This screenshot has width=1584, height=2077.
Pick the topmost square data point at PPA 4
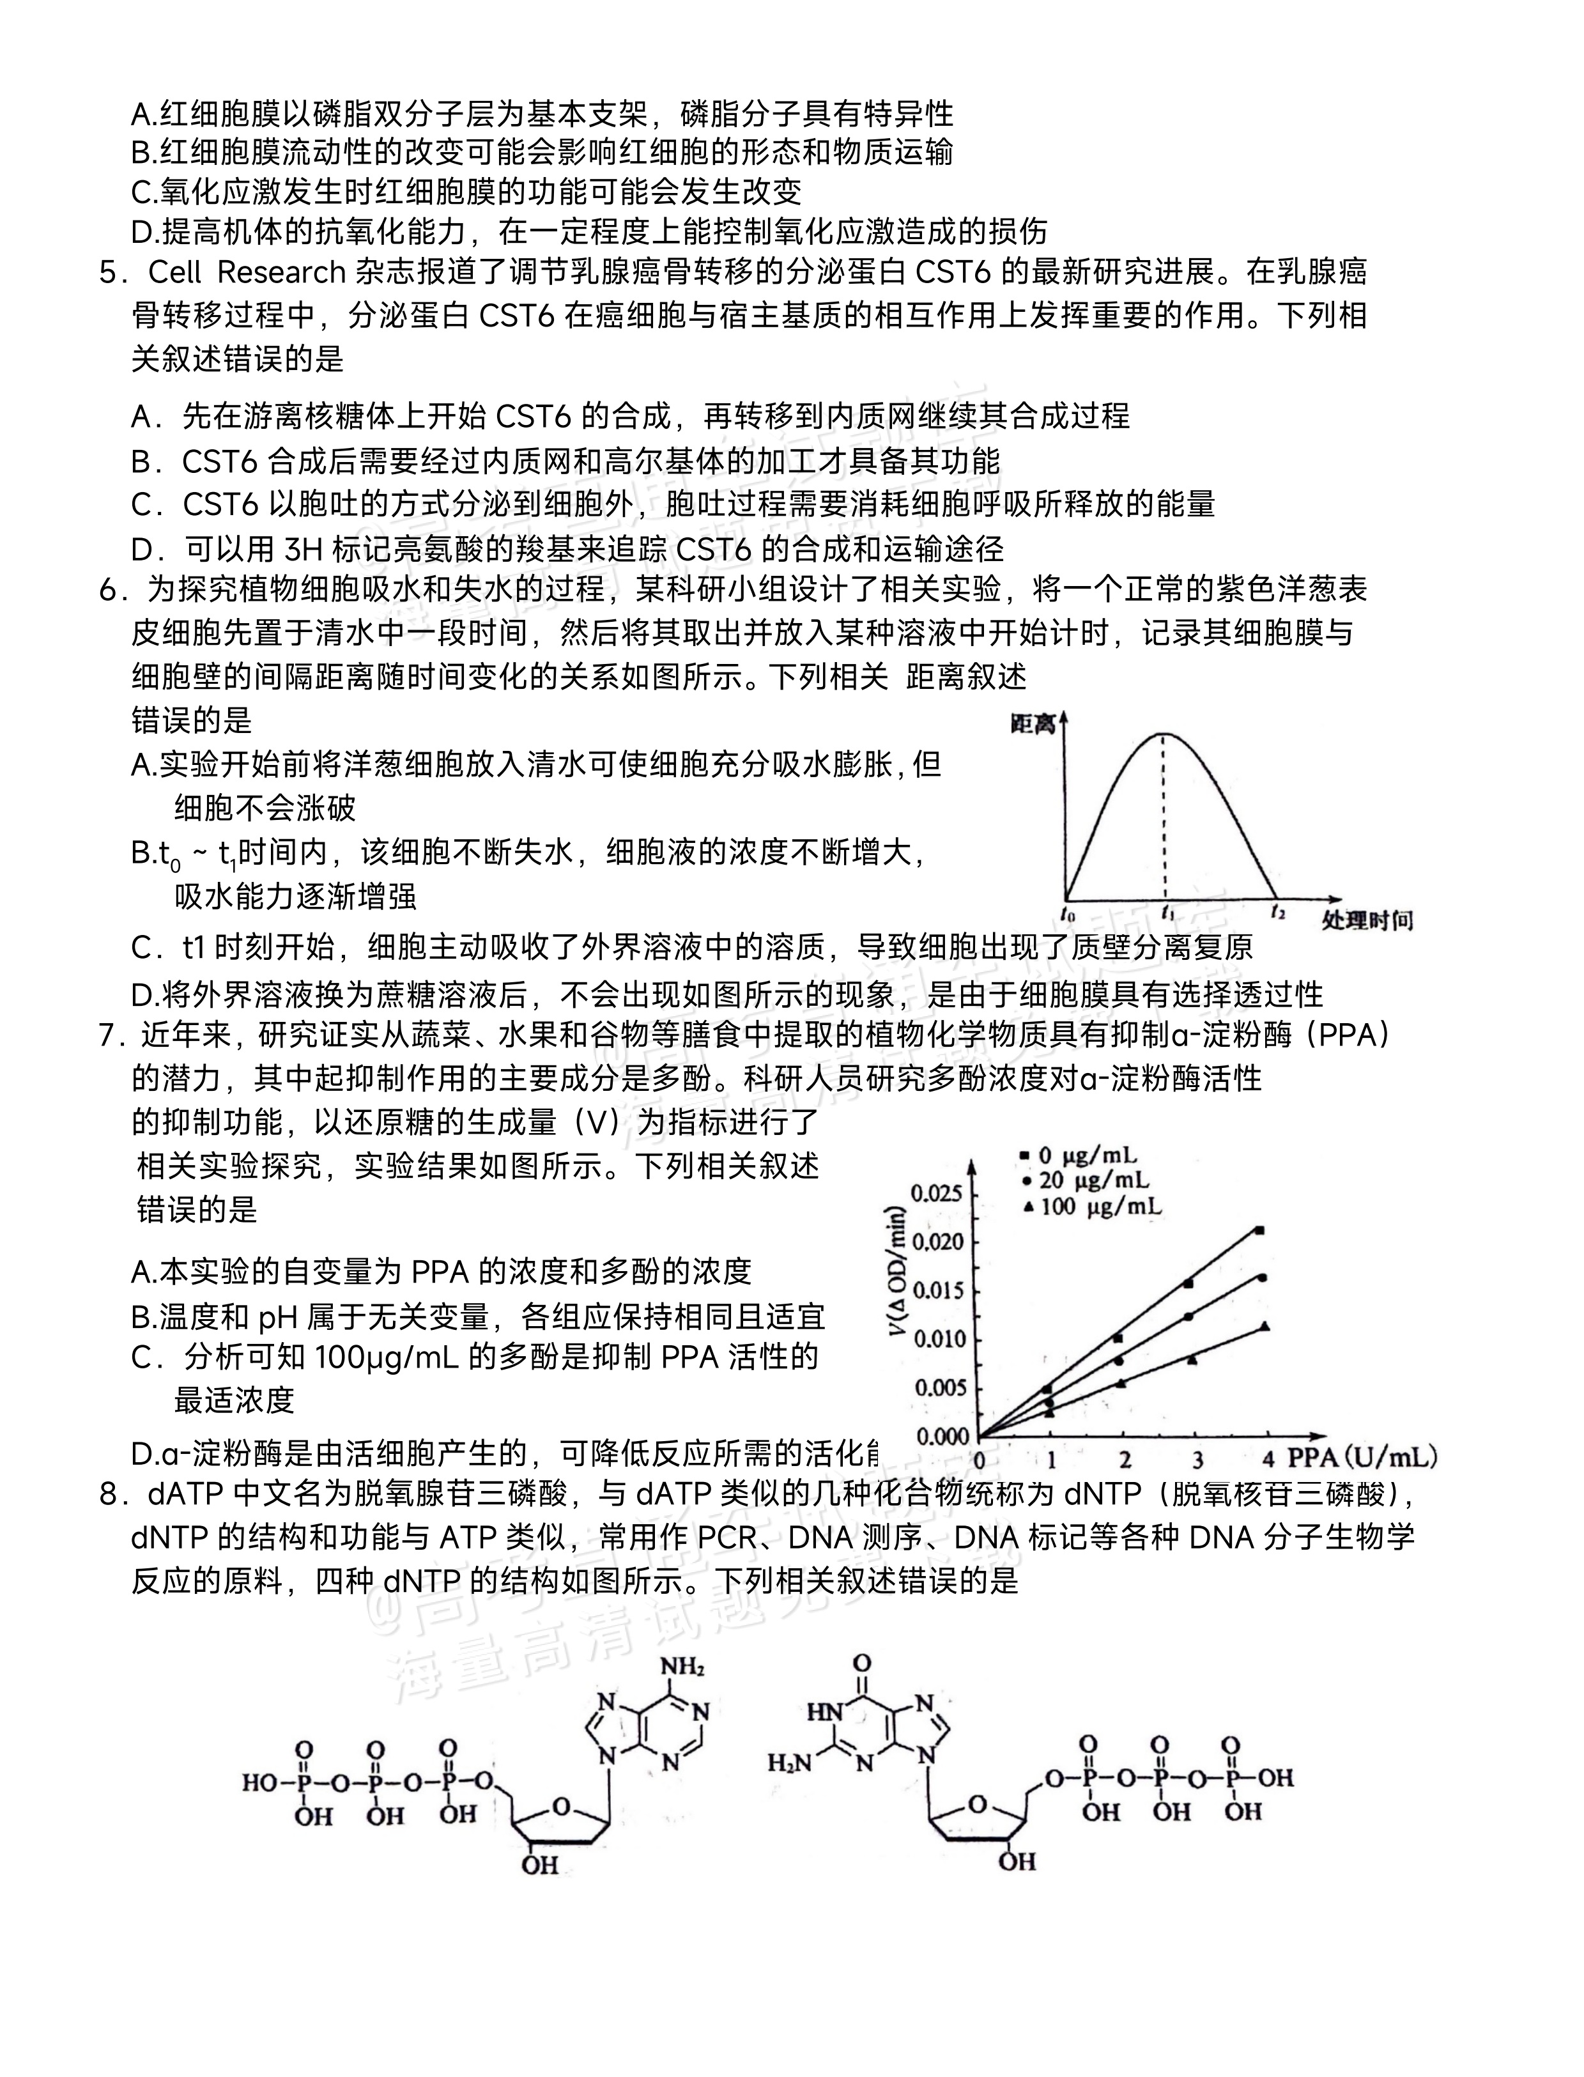[x=1259, y=1230]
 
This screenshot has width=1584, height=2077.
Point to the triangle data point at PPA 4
[x=1265, y=1327]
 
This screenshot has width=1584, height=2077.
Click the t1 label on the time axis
[x=1167, y=913]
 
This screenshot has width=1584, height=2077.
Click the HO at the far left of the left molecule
[x=259, y=1781]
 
